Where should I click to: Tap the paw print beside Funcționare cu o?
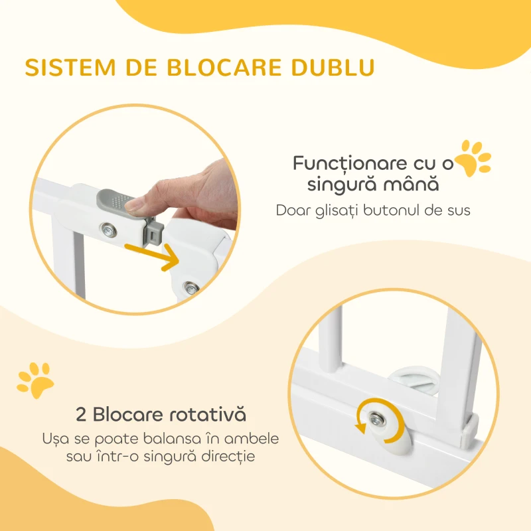(473, 158)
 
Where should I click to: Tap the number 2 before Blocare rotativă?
(80, 414)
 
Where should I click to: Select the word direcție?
(228, 456)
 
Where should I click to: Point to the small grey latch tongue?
(155, 230)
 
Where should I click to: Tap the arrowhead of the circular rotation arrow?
(360, 427)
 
